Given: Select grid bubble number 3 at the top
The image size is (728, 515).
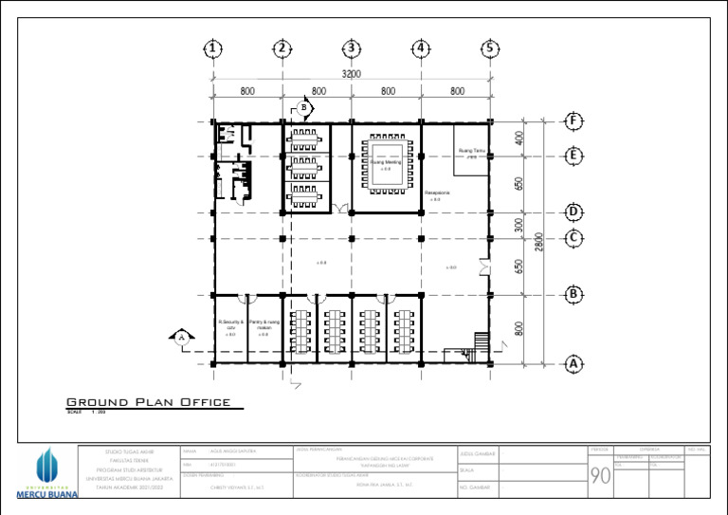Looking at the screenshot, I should (x=352, y=48).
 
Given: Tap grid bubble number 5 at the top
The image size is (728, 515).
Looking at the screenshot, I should (x=490, y=48).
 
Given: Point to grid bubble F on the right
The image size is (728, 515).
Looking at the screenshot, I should (x=573, y=121).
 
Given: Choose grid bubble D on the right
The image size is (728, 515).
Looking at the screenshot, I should (x=573, y=211).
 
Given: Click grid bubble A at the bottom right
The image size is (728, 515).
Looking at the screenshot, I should (x=573, y=363).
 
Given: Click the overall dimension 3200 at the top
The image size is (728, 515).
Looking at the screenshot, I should (x=352, y=74).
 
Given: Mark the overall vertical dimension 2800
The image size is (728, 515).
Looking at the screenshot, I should (x=539, y=243).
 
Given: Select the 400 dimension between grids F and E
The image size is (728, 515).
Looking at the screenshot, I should (x=519, y=138).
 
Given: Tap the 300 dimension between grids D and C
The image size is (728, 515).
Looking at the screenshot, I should (x=519, y=225).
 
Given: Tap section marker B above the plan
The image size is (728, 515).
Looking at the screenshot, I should (x=304, y=108).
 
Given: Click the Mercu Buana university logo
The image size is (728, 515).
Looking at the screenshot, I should (x=47, y=472).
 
